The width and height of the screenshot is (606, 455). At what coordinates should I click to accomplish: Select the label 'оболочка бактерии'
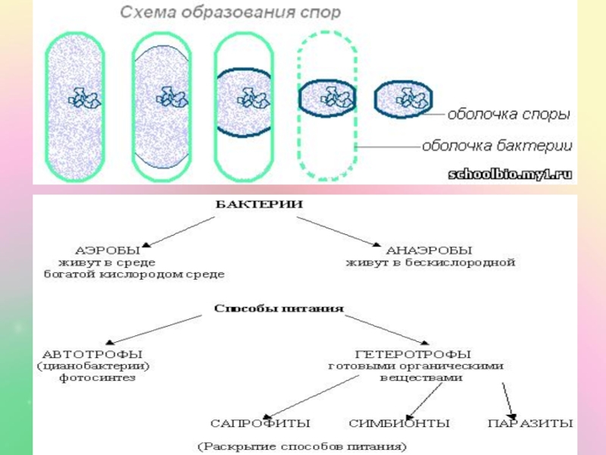tap(497, 145)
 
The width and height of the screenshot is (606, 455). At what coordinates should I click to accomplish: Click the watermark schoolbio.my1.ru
tap(513, 174)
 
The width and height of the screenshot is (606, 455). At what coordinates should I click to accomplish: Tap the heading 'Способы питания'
tap(280, 309)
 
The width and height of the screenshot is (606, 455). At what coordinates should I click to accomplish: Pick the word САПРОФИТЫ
tap(261, 422)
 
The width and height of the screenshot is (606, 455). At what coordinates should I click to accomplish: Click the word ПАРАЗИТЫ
tap(530, 422)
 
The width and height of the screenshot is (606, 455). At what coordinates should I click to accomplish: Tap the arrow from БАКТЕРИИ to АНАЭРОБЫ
tap(337, 231)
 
